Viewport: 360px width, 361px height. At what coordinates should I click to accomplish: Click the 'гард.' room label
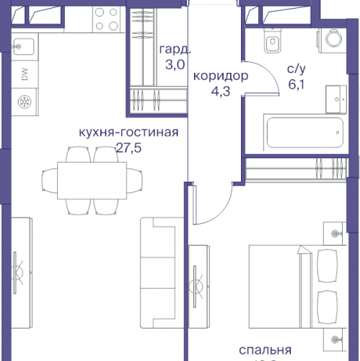(175, 51)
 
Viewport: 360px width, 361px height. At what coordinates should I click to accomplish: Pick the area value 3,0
(175, 66)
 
